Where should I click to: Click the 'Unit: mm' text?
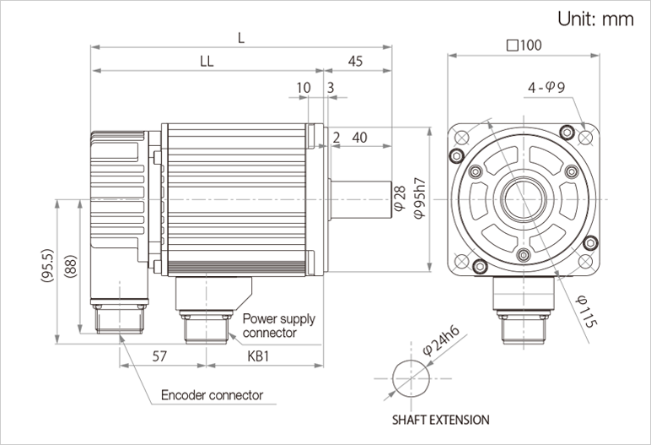click(x=595, y=20)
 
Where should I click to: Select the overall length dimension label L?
click(x=242, y=37)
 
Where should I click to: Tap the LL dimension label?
click(x=205, y=62)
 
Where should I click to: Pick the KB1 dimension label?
click(x=259, y=357)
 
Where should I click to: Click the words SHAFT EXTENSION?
click(x=439, y=419)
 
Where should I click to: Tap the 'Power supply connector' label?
click(x=279, y=326)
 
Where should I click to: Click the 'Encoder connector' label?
click(x=212, y=395)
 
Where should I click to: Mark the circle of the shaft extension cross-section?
click(x=412, y=377)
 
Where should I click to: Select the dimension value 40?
click(x=359, y=138)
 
